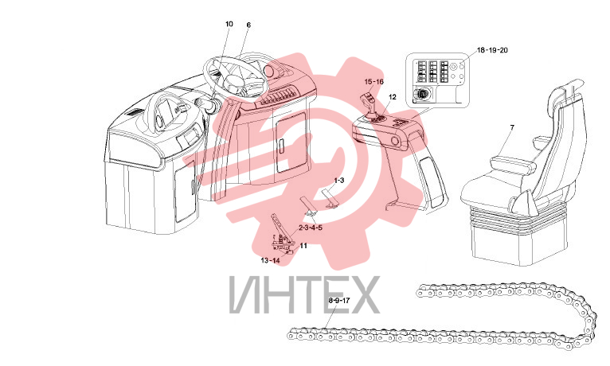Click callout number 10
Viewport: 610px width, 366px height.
pyautogui.click(x=229, y=24)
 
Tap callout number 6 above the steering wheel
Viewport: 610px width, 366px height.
pyautogui.click(x=248, y=25)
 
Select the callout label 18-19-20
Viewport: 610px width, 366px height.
pyautogui.click(x=492, y=50)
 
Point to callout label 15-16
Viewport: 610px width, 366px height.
pyautogui.click(x=373, y=82)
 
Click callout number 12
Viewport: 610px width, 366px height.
pyautogui.click(x=392, y=97)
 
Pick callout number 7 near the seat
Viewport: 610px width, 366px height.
pyautogui.click(x=512, y=127)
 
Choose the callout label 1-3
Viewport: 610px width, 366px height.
pyautogui.click(x=339, y=181)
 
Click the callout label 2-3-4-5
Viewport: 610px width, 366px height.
pyautogui.click(x=311, y=228)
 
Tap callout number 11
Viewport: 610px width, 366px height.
pyautogui.click(x=303, y=246)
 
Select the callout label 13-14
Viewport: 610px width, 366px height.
pyautogui.click(x=271, y=260)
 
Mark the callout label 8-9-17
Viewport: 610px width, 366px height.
pyautogui.click(x=339, y=300)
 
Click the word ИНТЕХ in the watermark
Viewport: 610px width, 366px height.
pyautogui.click(x=305, y=294)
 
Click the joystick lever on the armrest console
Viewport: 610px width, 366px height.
pyautogui.click(x=370, y=104)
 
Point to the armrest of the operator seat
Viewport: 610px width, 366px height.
pyautogui.click(x=513, y=164)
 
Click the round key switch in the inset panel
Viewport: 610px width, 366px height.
pyautogui.click(x=421, y=95)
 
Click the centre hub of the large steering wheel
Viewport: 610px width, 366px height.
pyautogui.click(x=233, y=82)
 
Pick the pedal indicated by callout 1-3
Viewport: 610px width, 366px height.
pyautogui.click(x=330, y=197)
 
